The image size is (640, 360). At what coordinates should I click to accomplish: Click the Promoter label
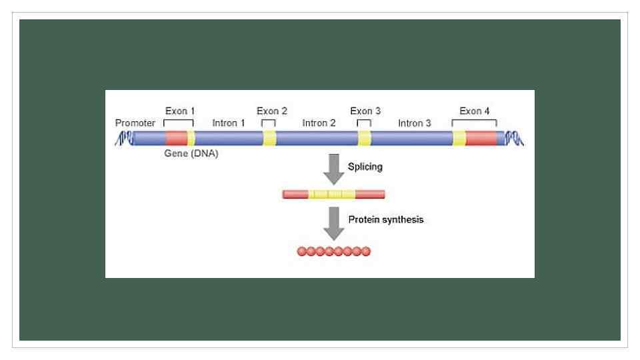135,123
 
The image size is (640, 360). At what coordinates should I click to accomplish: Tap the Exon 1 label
179,111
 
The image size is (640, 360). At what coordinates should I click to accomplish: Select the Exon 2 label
272,111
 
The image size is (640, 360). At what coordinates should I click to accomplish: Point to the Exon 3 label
365,111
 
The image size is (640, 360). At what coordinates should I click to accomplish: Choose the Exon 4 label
475,111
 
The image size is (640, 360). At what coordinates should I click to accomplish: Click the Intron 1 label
229,123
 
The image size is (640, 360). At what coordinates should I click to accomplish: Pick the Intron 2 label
319,123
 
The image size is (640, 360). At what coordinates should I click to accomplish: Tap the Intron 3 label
415,123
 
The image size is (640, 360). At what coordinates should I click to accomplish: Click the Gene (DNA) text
191,154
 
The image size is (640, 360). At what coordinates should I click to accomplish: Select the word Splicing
365,167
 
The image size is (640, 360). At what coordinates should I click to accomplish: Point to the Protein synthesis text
386,219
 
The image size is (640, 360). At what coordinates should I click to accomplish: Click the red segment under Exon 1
176,138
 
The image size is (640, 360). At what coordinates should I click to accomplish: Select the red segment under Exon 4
481,138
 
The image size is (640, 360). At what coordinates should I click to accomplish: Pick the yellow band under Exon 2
269,138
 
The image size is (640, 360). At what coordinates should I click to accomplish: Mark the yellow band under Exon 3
365,138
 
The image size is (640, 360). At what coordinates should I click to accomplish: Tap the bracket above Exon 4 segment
474,122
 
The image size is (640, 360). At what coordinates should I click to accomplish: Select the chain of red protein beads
333,251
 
